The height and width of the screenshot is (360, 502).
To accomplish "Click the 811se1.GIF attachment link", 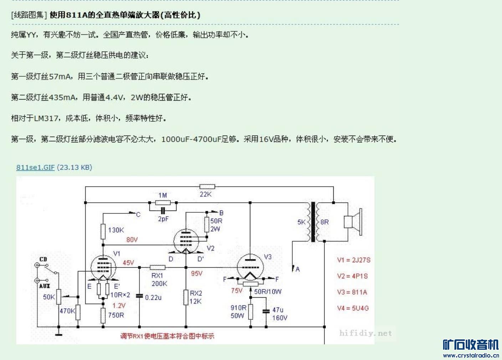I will pyautogui.click(x=35, y=167).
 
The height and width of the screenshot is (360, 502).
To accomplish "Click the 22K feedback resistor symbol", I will pyautogui.click(x=207, y=187).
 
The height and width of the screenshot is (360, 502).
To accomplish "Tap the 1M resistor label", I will pyautogui.click(x=163, y=195).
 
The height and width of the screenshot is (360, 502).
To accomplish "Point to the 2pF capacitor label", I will pyautogui.click(x=163, y=219).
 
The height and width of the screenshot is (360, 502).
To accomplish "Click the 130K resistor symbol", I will pyautogui.click(x=103, y=230).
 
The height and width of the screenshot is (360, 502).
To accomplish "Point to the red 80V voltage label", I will pyautogui.click(x=132, y=240).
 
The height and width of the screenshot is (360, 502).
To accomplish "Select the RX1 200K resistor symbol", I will pyautogui.click(x=157, y=267).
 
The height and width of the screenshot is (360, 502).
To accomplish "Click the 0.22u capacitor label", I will pyautogui.click(x=153, y=297).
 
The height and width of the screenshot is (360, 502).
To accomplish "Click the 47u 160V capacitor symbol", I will pyautogui.click(x=266, y=311).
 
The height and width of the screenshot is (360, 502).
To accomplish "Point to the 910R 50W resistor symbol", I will pyautogui.click(x=251, y=311).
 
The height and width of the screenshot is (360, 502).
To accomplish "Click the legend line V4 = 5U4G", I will pyautogui.click(x=353, y=308).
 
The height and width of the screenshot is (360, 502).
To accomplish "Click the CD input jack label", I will pyautogui.click(x=43, y=259).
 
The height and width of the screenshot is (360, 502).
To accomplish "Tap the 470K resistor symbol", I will pyautogui.click(x=78, y=312).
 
